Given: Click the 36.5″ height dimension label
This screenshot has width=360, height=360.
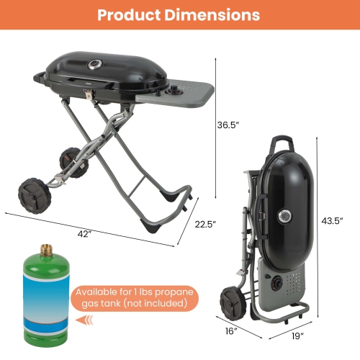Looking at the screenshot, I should pos(228,124).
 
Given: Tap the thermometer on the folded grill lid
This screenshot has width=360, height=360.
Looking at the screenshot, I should pos(283,215).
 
